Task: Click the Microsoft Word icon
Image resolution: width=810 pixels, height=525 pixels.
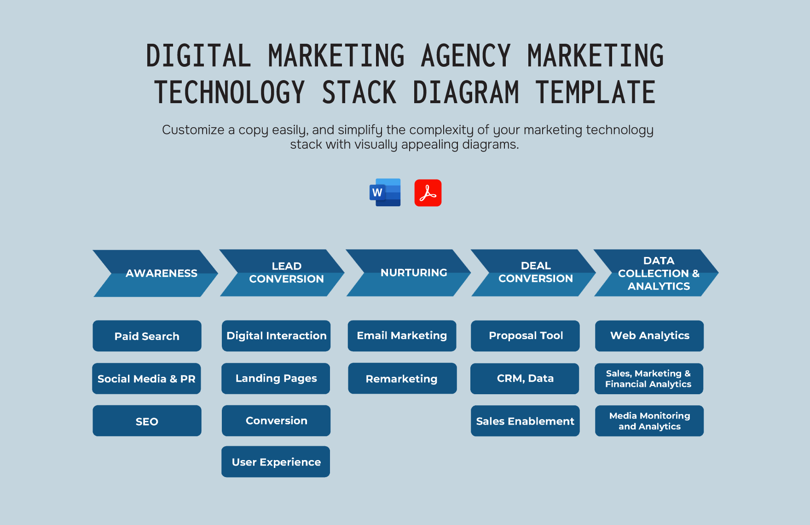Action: coord(385,192)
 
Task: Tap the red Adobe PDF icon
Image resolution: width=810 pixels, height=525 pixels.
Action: coord(428,192)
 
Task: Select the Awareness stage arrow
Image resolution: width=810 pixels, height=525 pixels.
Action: coord(155,273)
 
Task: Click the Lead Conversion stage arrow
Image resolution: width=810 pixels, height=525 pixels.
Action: coord(282,273)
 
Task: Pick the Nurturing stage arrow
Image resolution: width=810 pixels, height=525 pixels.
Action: coord(408,273)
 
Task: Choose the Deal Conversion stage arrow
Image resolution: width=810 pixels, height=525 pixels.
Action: coord(533,273)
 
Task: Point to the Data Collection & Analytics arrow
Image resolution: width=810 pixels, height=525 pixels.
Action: coord(656,273)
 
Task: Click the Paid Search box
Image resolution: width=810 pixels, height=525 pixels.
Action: coord(147,336)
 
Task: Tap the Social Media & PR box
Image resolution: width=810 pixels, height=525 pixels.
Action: coord(146,379)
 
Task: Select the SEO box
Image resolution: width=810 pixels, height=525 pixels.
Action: coord(147,421)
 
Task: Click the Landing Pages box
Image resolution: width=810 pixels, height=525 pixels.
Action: coord(276,379)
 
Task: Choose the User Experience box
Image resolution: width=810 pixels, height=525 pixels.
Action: coord(276,461)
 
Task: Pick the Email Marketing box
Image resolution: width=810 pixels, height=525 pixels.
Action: coord(402,336)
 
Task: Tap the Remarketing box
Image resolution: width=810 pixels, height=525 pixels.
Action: coord(402,379)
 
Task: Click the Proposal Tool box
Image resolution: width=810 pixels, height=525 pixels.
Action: coord(525,336)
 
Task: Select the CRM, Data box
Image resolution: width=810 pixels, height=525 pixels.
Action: coord(525,379)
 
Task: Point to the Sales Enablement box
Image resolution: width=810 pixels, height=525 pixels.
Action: coord(525,421)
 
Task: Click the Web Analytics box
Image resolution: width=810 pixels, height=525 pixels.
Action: coord(649,336)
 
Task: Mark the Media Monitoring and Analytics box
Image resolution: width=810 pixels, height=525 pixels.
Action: coord(649,421)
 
